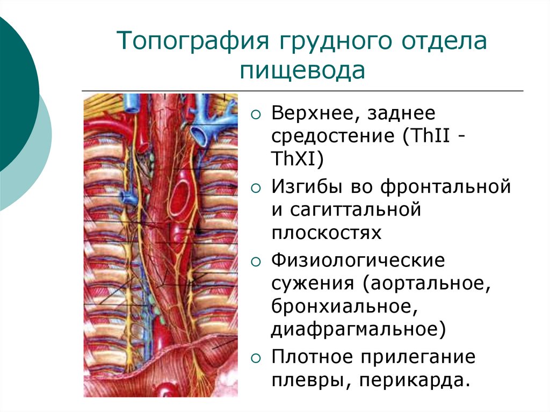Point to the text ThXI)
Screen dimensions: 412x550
tap(296, 160)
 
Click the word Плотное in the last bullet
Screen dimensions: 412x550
tap(312, 357)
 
